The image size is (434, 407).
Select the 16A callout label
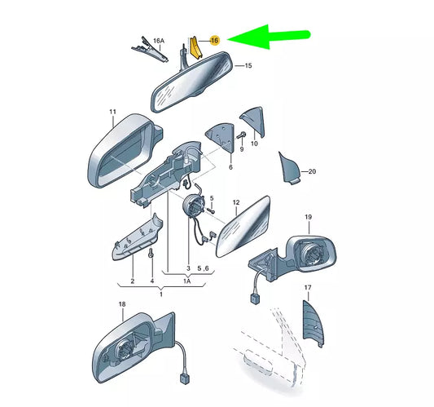[160, 40]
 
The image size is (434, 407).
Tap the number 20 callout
[310, 171]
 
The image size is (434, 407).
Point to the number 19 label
[309, 216]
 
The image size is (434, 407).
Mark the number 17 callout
[309, 288]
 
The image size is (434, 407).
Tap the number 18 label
[121, 304]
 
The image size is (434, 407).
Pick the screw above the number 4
[151, 254]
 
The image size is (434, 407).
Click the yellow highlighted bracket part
[195, 50]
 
